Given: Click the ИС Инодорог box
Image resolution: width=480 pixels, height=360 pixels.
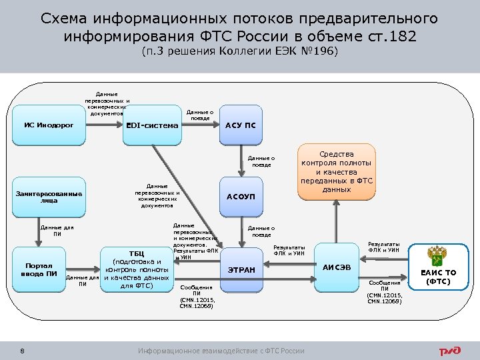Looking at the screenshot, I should point(49,125).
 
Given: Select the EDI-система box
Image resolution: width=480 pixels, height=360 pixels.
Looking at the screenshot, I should point(153,125).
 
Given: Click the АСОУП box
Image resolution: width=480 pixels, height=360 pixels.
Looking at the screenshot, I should point(241,197).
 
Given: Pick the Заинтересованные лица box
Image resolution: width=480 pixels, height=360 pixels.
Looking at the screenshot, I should point(49,197).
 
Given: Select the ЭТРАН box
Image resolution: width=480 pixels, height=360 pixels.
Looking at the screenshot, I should point(241,269).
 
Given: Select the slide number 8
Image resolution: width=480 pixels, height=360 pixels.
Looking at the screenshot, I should point(23,351).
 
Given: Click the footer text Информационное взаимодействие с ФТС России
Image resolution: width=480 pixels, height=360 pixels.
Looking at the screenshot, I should point(221,351).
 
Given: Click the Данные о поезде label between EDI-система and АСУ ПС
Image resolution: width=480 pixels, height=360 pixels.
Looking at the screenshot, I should point(200,115).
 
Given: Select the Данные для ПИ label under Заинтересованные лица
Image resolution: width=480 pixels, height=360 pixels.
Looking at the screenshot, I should point(57,231).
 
